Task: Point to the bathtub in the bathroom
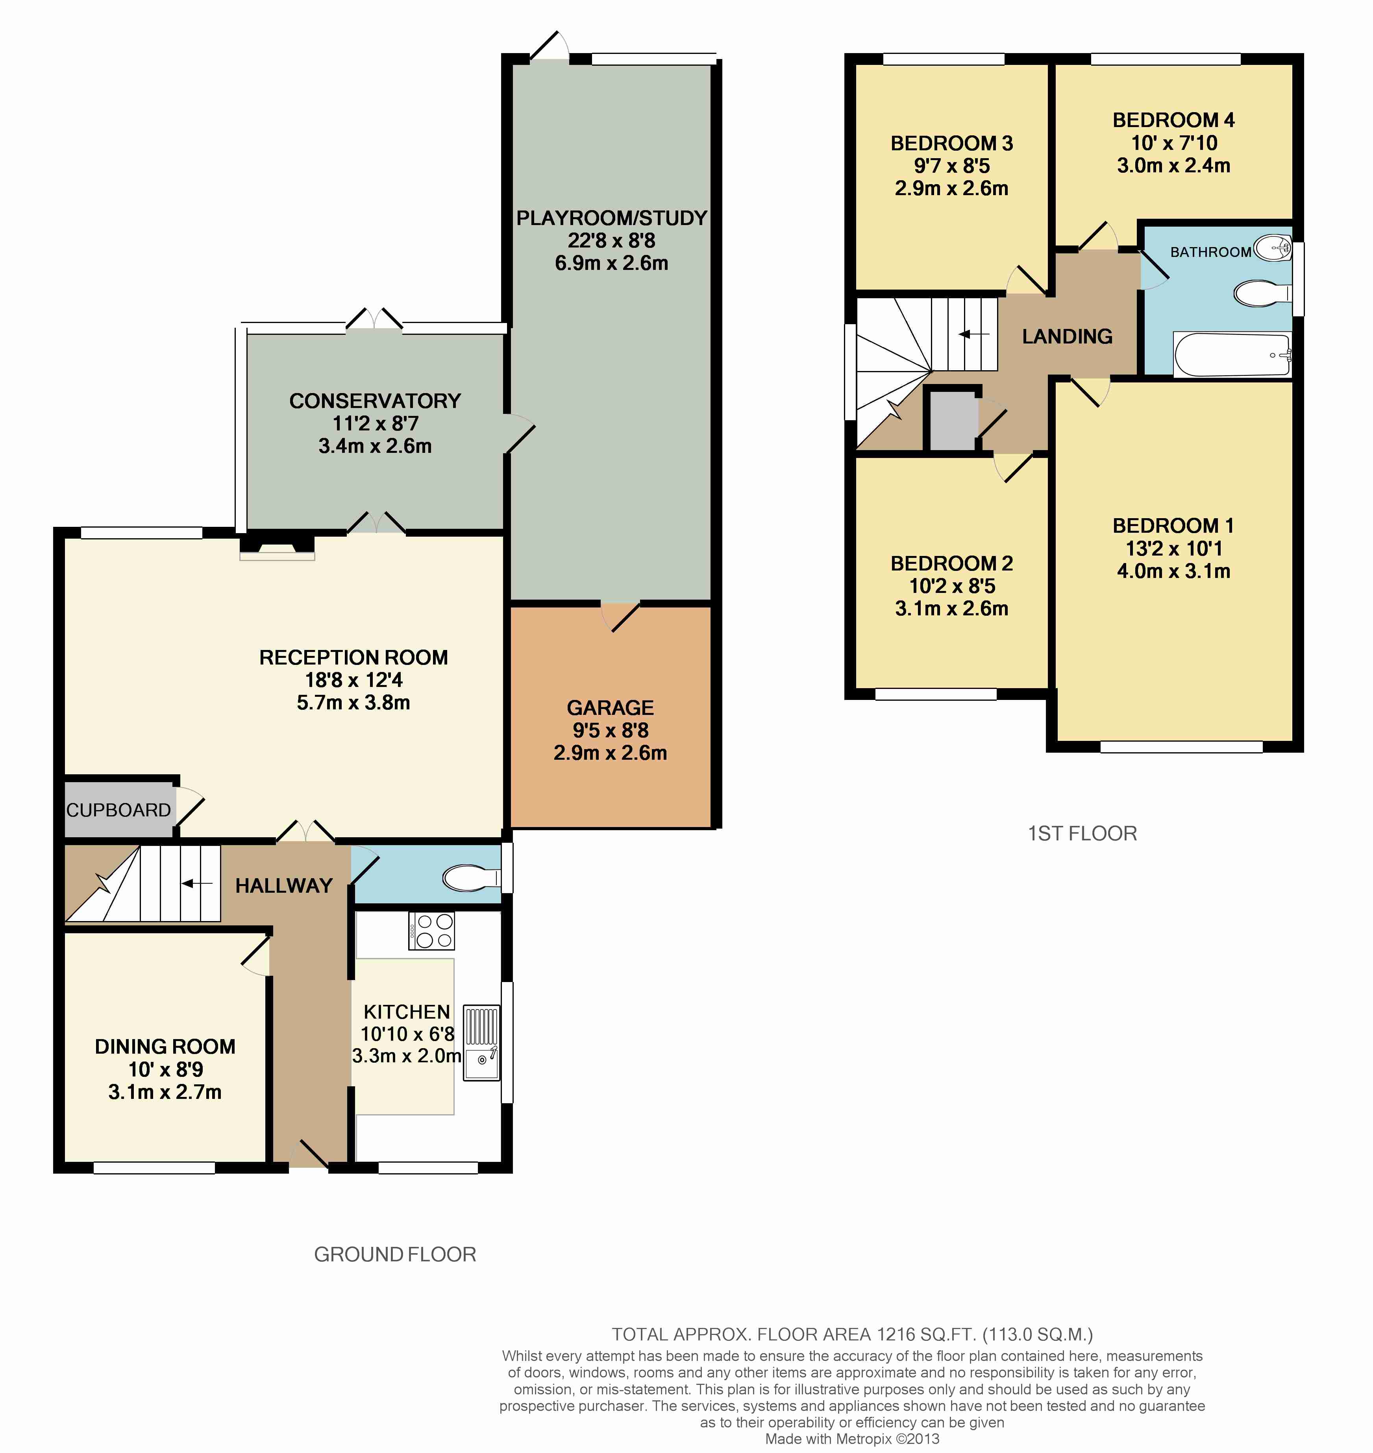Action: [1232, 355]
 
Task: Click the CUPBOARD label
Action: [118, 810]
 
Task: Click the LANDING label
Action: [1067, 336]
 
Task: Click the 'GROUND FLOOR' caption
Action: [395, 1254]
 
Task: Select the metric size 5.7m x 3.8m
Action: [353, 702]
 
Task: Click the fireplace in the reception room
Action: [278, 547]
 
